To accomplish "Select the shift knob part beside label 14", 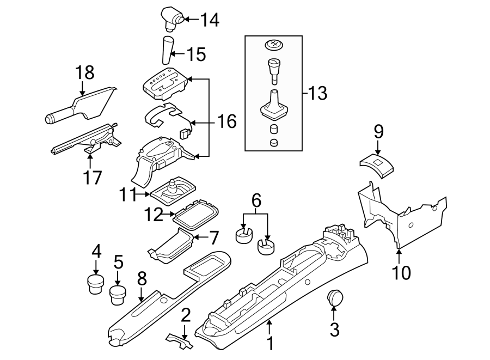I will coord(172,17).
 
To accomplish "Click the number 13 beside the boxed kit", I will coord(316,94).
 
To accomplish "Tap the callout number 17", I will coord(90,178).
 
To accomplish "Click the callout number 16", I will coord(226,121).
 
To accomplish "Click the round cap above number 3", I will coord(334,298).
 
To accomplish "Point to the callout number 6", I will coord(256,201).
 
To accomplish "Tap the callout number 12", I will coord(154,215).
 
